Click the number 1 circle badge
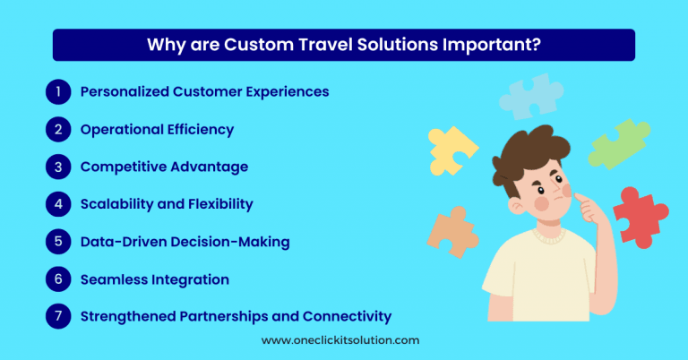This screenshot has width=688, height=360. [x=56, y=91]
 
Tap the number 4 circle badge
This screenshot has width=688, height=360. [x=56, y=204]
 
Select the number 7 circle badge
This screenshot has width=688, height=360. [x=56, y=316]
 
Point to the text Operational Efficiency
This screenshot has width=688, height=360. [x=157, y=130]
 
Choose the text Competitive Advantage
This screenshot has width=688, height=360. [x=164, y=167]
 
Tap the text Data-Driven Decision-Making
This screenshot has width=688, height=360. [x=185, y=242]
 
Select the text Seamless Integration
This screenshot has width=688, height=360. [x=154, y=279]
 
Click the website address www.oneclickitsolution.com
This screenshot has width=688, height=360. [x=340, y=340]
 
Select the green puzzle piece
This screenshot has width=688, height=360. [x=619, y=143]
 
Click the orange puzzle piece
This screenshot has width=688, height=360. [x=451, y=231]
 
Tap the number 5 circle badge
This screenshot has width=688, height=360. [x=56, y=242]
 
